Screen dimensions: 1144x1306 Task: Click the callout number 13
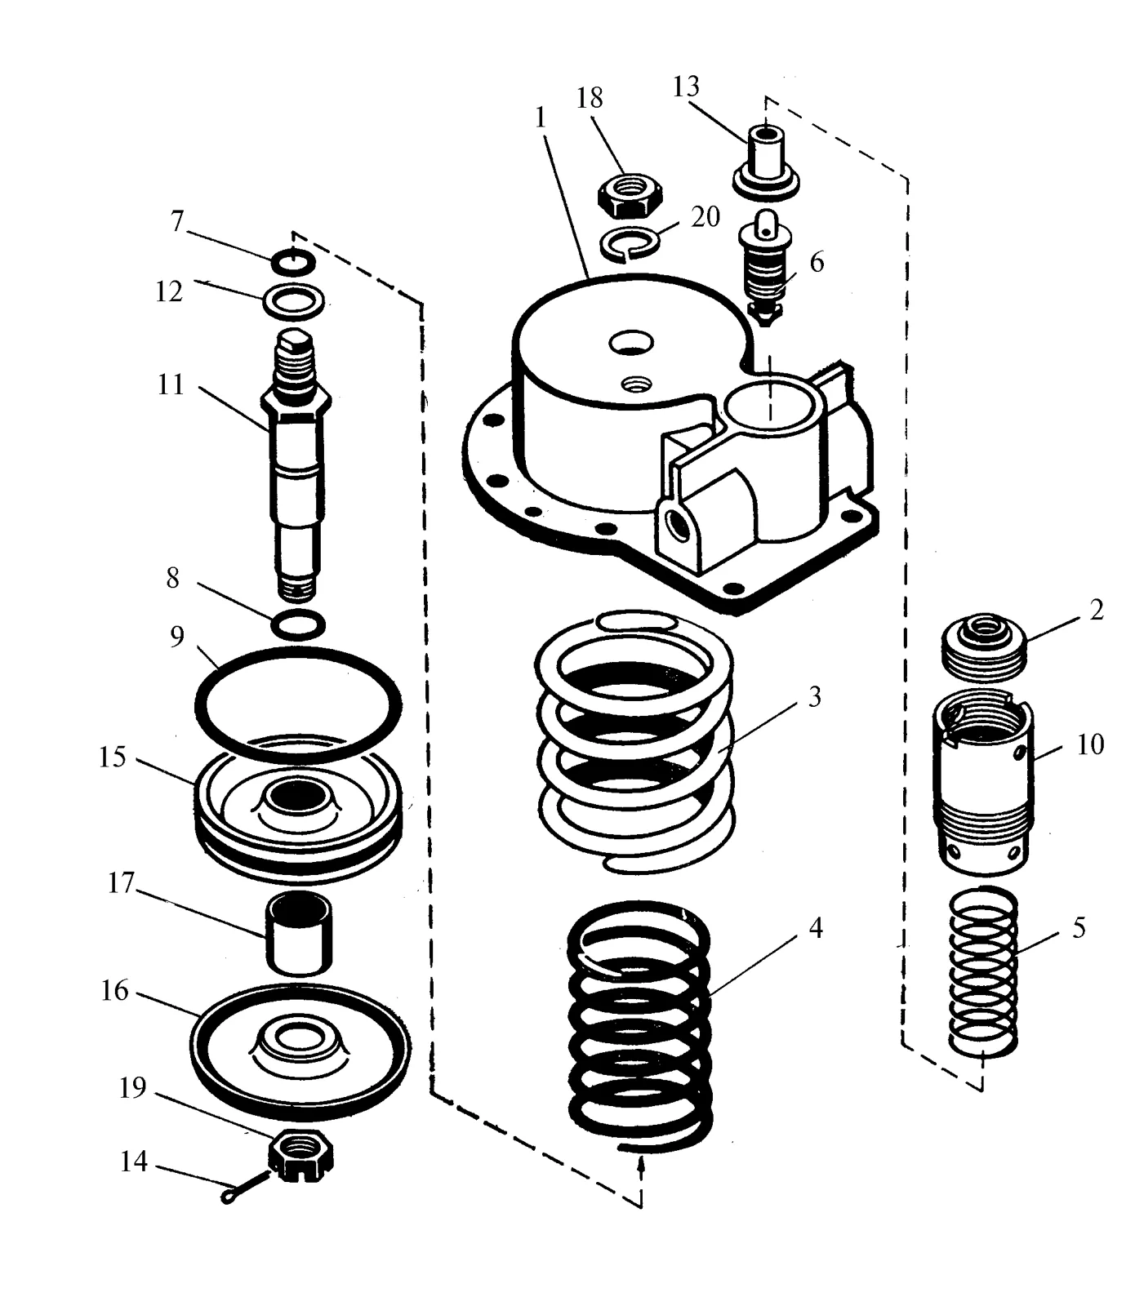pos(686,86)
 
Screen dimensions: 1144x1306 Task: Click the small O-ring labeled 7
pos(293,262)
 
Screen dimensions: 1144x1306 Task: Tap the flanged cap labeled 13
pos(766,161)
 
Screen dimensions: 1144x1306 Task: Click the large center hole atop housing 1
pos(630,342)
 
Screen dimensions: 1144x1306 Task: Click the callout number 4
pos(814,927)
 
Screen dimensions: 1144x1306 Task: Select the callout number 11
pos(171,384)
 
